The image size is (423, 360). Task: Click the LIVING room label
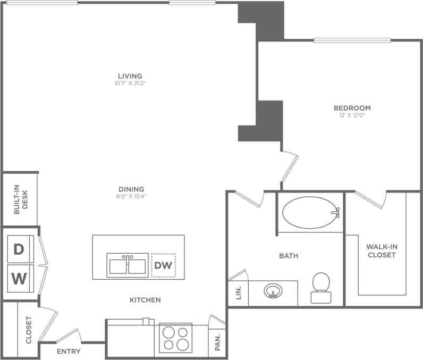click(130, 76)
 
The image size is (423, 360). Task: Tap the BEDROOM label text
click(352, 108)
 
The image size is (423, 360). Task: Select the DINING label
click(131, 189)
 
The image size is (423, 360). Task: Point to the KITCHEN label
click(145, 300)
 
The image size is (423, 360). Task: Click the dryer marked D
click(19, 249)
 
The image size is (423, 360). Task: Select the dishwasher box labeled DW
click(163, 265)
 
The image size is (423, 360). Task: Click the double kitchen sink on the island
click(127, 264)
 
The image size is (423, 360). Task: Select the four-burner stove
click(175, 337)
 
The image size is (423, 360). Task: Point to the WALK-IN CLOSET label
click(381, 250)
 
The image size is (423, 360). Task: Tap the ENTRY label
click(69, 351)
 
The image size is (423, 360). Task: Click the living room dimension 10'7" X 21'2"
click(130, 83)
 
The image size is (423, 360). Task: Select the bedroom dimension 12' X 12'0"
click(352, 115)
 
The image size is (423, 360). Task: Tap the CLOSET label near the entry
click(29, 330)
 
